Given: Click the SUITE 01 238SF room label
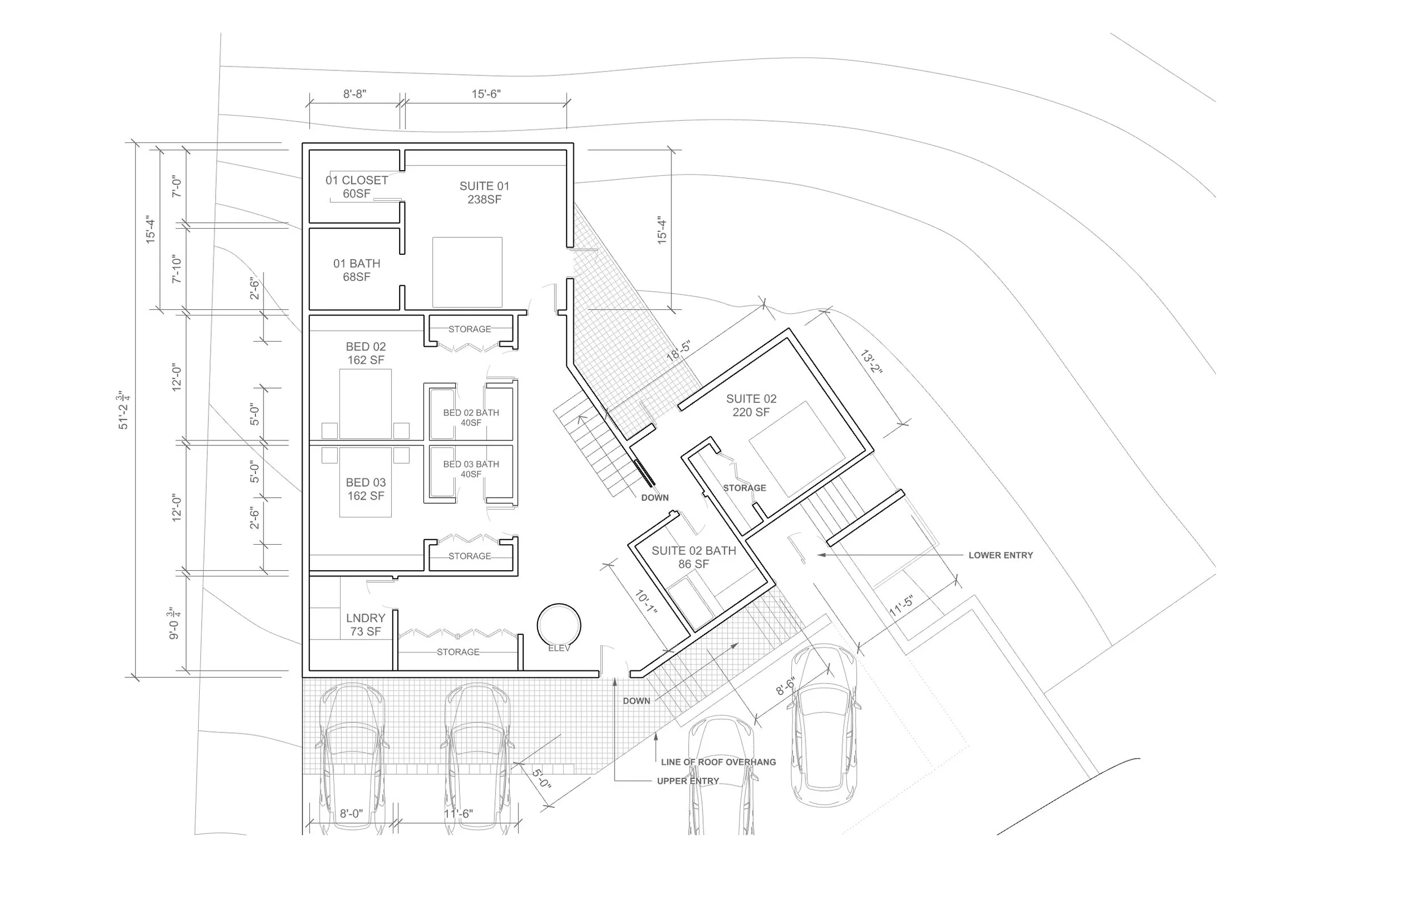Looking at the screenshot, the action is tap(484, 192).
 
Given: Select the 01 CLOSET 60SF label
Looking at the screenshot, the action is tap(356, 187).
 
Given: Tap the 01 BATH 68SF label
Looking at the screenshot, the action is tap(356, 270).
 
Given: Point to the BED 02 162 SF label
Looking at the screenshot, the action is tap(366, 353).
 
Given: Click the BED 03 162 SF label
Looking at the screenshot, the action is tap(366, 489).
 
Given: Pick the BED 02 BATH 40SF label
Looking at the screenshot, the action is tap(471, 417).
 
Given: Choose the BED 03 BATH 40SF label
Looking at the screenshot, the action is tap(471, 469).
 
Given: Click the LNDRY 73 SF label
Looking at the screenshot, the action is tap(366, 625).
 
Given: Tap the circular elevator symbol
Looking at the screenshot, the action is tap(559, 626).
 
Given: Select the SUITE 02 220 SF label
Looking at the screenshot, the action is tap(752, 405).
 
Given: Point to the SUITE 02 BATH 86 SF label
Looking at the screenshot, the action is tap(694, 557).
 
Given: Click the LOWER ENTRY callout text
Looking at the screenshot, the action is tap(1001, 555).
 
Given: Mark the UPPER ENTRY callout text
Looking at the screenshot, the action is tap(688, 781).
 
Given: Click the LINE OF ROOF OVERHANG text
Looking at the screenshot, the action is tap(719, 762).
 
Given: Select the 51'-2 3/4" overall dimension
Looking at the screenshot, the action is tap(123, 410).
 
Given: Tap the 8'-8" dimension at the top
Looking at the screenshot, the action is tap(355, 94).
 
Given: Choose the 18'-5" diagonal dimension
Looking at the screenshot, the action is tap(678, 351).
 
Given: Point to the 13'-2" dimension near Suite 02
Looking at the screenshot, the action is tap(871, 362).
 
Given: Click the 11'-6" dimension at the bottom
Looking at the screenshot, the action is tap(458, 814).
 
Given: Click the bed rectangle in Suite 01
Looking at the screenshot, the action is tap(468, 272).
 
